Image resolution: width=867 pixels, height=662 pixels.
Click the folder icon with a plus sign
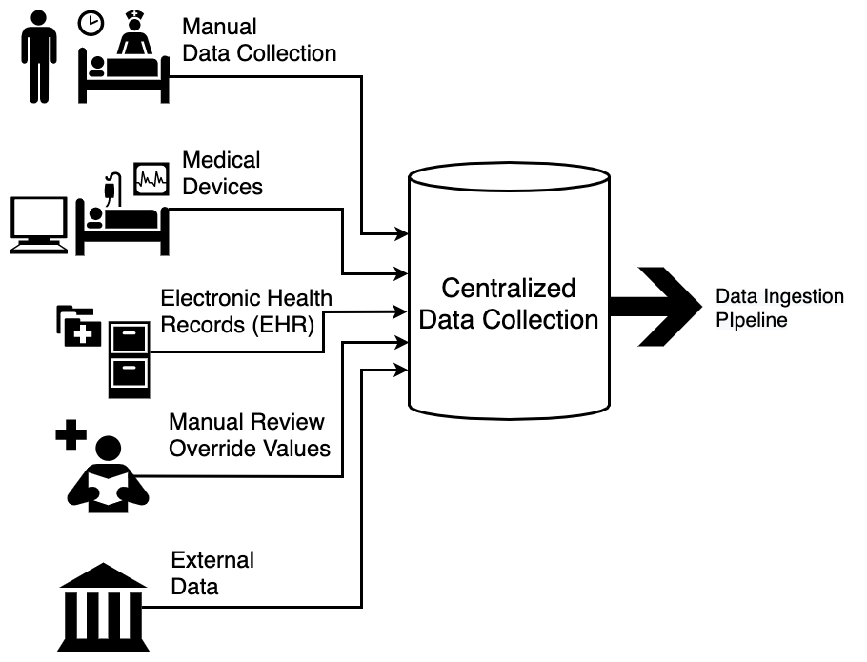(78, 326)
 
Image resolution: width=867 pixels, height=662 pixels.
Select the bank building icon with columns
(102, 607)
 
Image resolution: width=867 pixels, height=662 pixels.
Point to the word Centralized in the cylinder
(509, 288)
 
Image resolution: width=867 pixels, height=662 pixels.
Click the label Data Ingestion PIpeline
(779, 309)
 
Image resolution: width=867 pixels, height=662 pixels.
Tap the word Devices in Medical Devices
(223, 187)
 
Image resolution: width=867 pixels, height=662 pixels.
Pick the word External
(212, 559)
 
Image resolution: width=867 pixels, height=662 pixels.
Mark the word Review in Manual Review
(289, 421)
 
